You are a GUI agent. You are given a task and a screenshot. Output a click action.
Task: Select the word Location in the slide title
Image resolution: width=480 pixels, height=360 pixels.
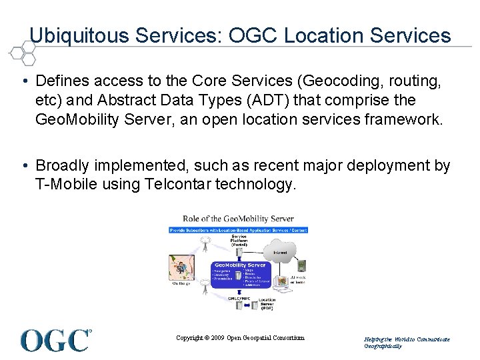329,35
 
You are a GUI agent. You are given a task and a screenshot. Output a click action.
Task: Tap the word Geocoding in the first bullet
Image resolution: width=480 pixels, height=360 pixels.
339,81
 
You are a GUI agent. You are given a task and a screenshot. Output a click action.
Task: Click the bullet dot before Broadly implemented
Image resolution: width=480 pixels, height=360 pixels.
25,165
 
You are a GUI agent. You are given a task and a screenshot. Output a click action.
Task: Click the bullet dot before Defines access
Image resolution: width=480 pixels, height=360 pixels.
25,81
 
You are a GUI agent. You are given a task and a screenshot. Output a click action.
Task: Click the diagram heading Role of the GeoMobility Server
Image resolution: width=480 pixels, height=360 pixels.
239,219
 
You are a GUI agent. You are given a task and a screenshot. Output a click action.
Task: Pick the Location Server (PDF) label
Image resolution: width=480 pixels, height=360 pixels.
267,305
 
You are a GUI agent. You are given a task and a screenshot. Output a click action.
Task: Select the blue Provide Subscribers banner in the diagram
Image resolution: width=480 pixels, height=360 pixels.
239,230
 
